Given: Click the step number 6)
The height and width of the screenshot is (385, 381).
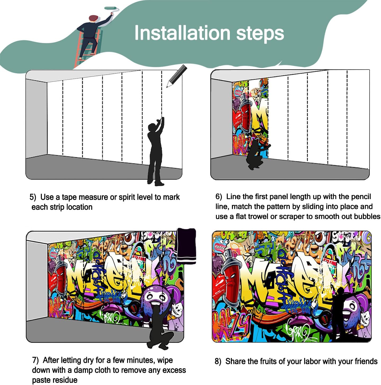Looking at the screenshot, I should click(x=219, y=197).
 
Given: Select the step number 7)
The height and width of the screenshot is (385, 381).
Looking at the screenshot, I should click(x=35, y=360).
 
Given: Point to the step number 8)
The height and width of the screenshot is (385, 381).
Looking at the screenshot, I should click(x=218, y=361).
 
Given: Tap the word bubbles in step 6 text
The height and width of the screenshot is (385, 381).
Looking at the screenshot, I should click(x=367, y=217).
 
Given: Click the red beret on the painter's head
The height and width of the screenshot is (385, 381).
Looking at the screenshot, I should click(x=93, y=18).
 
